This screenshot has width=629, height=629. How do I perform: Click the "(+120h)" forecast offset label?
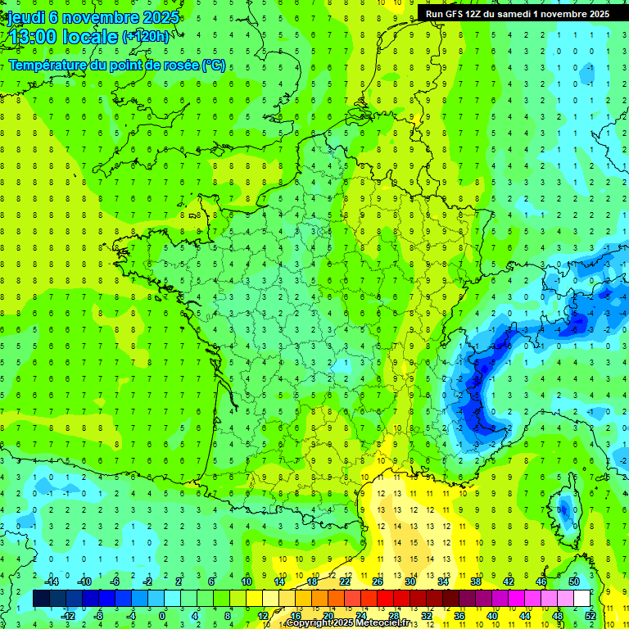coord(145,37)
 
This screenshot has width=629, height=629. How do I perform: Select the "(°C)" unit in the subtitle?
coord(214,65)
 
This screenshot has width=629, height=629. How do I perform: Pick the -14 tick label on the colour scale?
coord(52,581)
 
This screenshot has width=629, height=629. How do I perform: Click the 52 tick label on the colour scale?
coord(591,616)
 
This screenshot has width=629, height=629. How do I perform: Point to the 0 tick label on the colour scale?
coord(162,616)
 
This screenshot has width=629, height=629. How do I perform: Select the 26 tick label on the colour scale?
coord(378,581)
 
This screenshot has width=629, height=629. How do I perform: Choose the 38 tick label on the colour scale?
coord(476,581)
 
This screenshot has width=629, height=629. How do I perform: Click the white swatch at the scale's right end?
coord(581,599)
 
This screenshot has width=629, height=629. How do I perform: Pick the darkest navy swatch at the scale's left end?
coord(41,599)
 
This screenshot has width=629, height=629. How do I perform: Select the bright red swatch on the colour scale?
coord(385,599)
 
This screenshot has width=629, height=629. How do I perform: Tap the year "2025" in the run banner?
coord(595,14)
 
